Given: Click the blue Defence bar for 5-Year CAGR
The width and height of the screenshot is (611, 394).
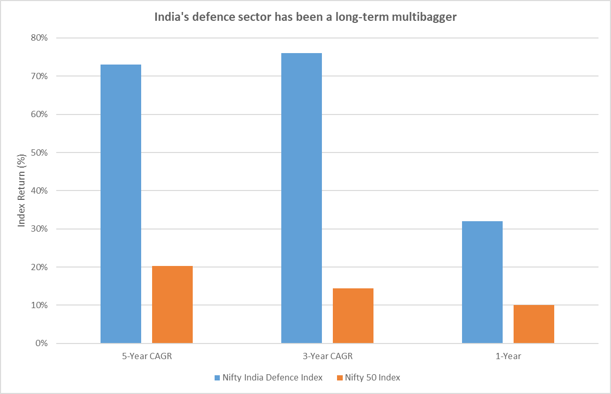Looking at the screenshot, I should tap(120, 204).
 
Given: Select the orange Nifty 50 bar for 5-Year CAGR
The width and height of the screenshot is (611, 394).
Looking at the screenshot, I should tap(172, 304).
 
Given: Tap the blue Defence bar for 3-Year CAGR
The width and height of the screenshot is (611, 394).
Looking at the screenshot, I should tap(301, 198).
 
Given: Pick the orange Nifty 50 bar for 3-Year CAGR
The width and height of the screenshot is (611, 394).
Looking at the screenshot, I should tap(353, 315).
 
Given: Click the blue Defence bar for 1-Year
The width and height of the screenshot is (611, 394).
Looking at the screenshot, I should tap(482, 282).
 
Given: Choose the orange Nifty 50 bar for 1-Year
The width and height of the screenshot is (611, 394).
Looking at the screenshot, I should tap(533, 324).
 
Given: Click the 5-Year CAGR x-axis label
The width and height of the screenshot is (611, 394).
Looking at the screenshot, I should tap(146, 357).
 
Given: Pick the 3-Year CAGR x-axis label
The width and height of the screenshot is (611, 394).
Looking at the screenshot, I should tap(327, 357).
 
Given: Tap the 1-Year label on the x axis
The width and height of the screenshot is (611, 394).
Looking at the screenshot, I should tap(508, 357).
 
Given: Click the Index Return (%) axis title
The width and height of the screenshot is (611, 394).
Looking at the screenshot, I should tap(21, 190).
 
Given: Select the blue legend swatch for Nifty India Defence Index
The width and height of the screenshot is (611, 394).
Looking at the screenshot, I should tap(216, 378).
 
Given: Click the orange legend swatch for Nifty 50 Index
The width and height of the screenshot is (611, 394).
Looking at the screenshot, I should tap(339, 378).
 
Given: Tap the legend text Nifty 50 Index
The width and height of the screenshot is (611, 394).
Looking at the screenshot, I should tap(372, 378).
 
